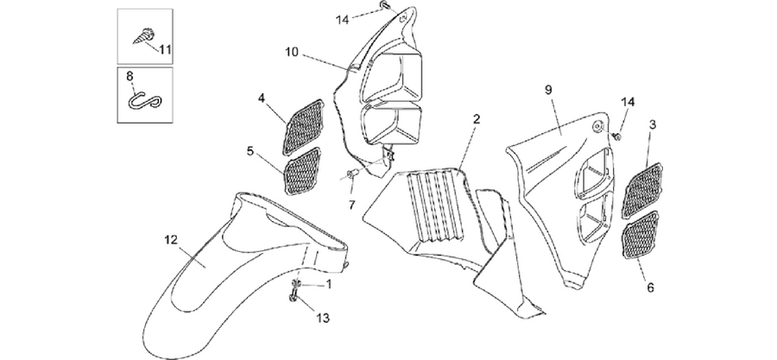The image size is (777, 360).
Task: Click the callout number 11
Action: coord(165,49)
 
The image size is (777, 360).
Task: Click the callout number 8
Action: coord(129,77)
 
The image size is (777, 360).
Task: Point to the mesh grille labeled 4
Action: coord(303,126)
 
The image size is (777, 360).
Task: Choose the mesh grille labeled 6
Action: coord(642,235)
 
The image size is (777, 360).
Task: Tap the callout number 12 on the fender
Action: coord(170,240)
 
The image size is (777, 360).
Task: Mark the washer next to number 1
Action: coord(297,283)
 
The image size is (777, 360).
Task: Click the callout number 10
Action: coord(292,51)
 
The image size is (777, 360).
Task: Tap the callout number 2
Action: coord(477,119)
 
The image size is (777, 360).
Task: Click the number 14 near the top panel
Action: coord(342,20)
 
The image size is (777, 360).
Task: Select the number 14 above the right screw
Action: coord(628,102)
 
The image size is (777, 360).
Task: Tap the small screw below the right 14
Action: coord(617,136)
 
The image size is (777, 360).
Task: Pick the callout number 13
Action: coord(323,318)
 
